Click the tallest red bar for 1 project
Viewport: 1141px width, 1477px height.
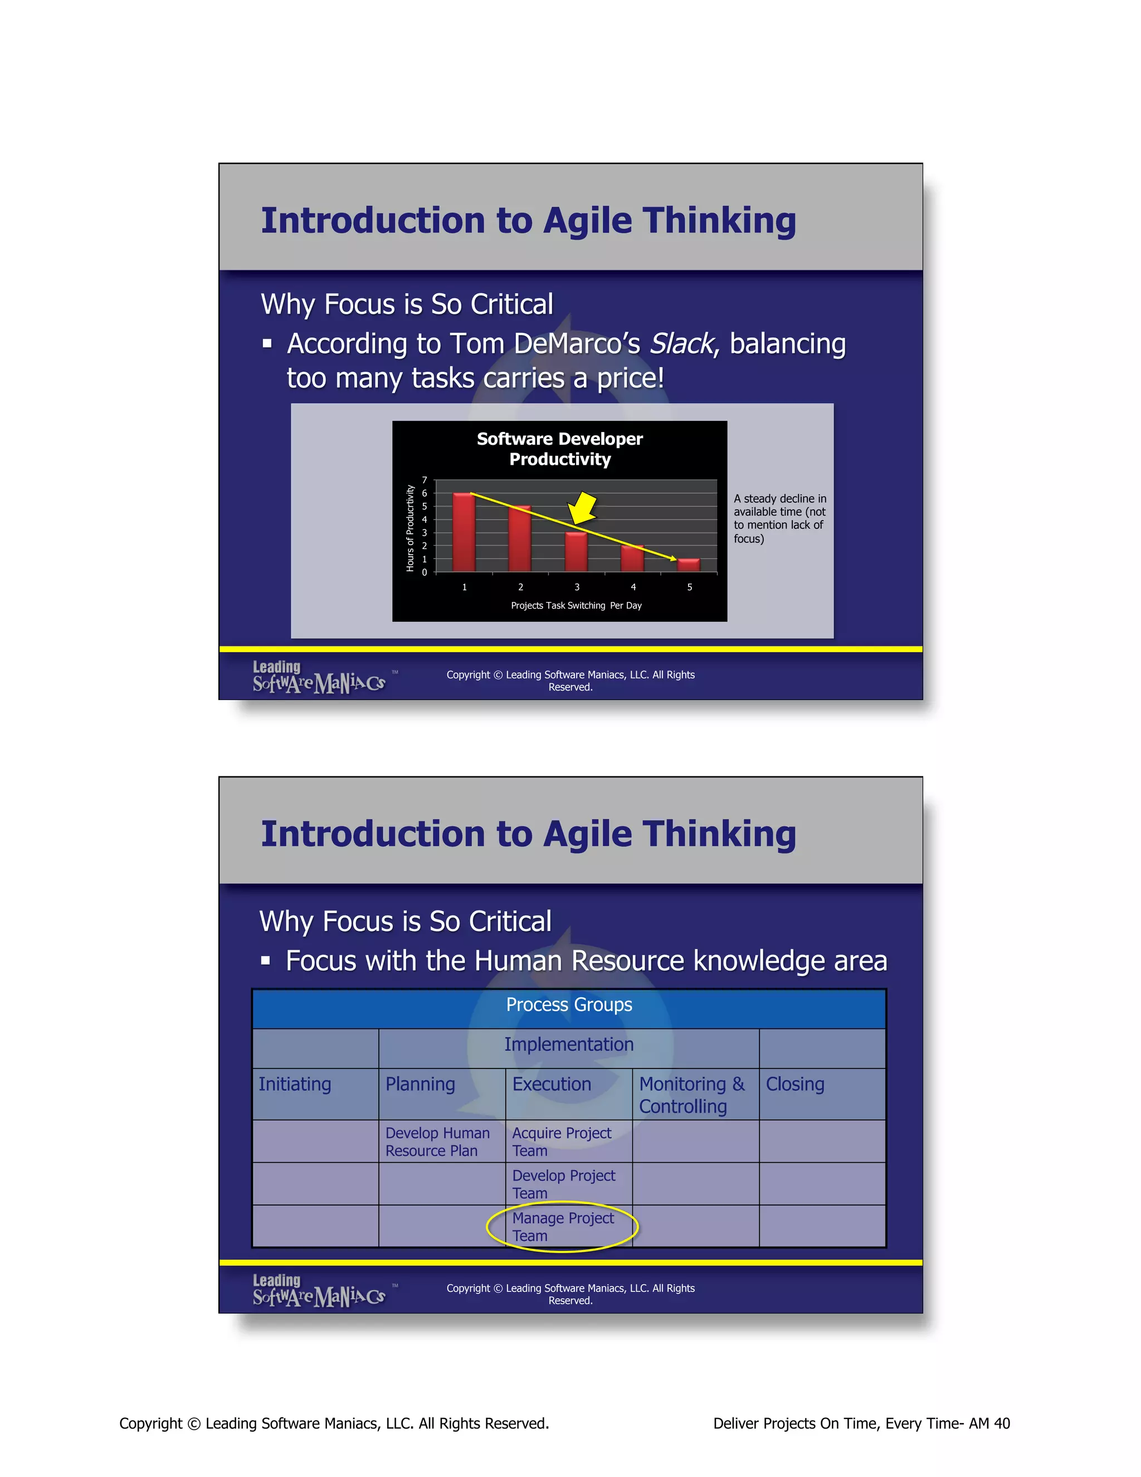click(464, 532)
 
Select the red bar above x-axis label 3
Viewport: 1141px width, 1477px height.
click(577, 552)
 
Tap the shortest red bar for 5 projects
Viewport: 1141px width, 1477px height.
click(689, 565)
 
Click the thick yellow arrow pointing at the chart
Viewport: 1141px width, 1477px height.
click(582, 508)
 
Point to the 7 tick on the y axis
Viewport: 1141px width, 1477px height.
click(425, 480)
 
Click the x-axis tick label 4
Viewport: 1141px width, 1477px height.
click(633, 587)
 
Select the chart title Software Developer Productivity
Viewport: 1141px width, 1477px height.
click(560, 449)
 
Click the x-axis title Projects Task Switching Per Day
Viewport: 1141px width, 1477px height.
click(576, 605)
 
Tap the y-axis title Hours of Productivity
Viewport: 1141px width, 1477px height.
click(409, 528)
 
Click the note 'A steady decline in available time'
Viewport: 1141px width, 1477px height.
click(780, 518)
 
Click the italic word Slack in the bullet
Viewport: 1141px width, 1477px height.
click(681, 343)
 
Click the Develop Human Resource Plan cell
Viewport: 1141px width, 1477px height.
click(437, 1141)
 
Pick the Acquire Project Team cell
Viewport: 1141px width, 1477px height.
click(561, 1141)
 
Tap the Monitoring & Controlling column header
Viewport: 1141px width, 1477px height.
click(691, 1095)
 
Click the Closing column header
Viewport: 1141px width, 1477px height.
click(795, 1084)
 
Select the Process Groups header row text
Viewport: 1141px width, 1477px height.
click(569, 1005)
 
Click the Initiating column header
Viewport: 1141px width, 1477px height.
click(295, 1084)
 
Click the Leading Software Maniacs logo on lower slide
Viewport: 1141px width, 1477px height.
click(319, 1290)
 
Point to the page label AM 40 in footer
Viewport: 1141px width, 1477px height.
click(989, 1423)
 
